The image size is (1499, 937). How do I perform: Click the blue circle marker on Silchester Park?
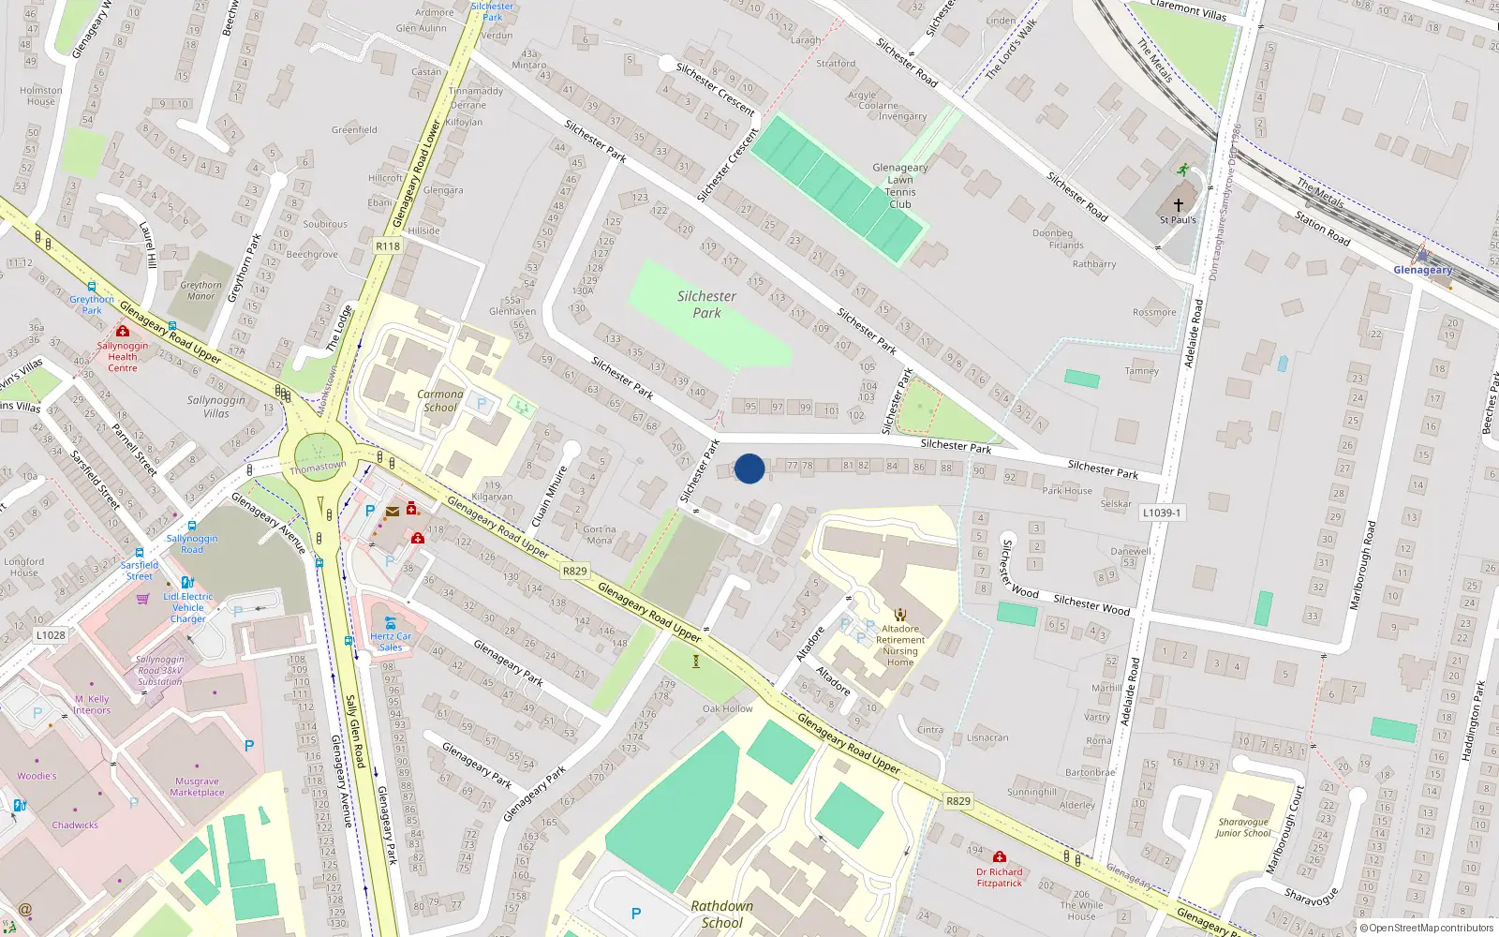pos(749,468)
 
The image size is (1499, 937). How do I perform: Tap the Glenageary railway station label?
pos(1422,270)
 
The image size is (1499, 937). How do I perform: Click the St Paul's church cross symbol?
pos(1179,204)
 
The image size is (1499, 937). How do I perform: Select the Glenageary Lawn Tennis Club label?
pos(900,186)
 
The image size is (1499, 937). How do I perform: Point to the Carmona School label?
pos(440,401)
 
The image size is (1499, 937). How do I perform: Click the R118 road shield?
pos(387,246)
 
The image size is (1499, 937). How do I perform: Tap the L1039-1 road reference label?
pos(1162,513)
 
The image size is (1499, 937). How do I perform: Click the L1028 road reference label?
pos(51,634)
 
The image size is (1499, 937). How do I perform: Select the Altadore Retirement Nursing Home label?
pos(900,646)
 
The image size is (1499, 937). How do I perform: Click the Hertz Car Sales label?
pos(391,642)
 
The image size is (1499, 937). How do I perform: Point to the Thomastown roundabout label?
pos(318,467)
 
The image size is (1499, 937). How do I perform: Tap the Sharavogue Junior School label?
pos(1243,827)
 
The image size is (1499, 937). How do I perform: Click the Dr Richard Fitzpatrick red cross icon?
pos(1000,857)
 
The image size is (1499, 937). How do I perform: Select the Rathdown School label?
pos(721,914)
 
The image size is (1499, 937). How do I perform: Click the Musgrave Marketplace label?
pos(197,787)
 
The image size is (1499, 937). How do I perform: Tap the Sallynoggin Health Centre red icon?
pos(122,332)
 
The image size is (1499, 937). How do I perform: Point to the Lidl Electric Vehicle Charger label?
pos(188,607)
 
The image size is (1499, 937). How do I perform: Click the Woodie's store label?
pos(37,776)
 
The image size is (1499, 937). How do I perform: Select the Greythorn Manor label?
pos(200,290)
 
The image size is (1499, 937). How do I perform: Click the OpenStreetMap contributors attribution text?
pos(1426,929)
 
